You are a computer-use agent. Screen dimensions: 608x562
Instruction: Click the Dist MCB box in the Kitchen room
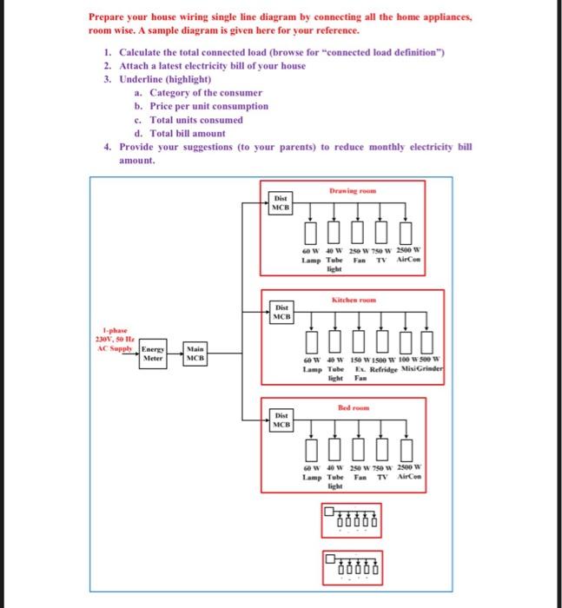coord(281,312)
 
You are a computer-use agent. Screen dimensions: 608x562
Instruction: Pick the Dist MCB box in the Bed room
coord(281,420)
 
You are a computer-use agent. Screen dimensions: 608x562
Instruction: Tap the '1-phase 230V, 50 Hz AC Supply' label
coord(113,339)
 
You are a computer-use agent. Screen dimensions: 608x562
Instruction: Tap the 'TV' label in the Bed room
coord(380,478)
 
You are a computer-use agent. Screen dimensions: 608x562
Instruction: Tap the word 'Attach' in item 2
coord(134,66)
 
